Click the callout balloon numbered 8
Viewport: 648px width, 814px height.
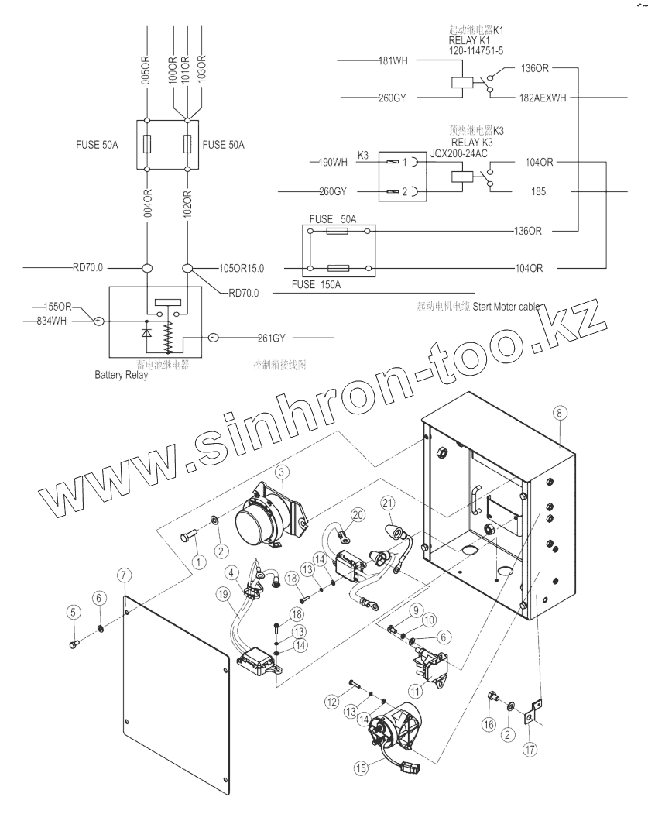(557, 414)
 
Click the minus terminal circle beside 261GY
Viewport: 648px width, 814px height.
(214, 338)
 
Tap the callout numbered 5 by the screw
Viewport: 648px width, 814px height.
(74, 612)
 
